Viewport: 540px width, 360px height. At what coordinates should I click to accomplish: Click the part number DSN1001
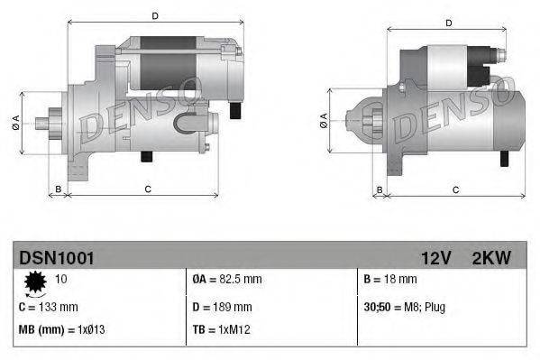[56, 258]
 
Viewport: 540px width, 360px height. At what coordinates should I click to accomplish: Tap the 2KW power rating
[491, 258]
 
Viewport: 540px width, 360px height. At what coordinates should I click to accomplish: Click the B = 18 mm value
[391, 281]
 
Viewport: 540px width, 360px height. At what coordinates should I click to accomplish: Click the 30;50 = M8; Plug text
[404, 308]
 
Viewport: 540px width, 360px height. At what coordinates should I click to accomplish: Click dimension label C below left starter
[146, 188]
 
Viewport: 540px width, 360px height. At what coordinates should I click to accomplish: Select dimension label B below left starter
[59, 189]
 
